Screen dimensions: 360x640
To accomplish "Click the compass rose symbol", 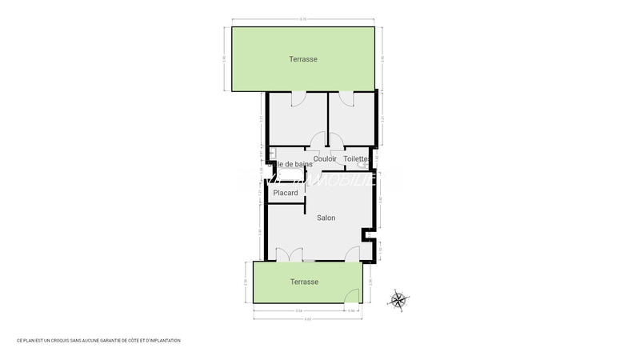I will point(398,300).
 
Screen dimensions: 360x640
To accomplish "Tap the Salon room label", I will point(326,218).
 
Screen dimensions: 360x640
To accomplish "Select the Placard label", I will point(286,193).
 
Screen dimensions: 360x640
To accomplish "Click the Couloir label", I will point(325,159).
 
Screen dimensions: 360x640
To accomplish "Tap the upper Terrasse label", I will point(304,59).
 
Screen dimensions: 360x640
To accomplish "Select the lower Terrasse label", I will point(304,282).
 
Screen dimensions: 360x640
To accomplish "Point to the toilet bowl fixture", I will point(364,165).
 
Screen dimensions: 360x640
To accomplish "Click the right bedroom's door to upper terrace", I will point(346,98).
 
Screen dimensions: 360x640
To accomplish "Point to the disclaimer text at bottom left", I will point(98,341).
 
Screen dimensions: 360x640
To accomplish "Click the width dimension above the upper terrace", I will point(303,19).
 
